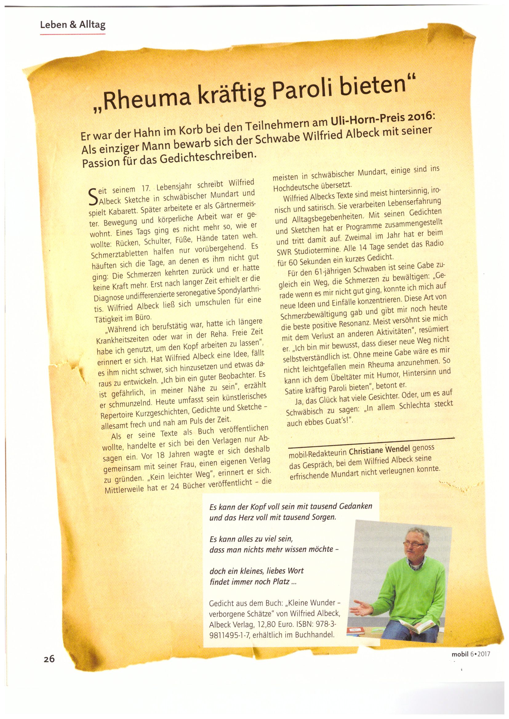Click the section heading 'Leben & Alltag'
click(x=73, y=25)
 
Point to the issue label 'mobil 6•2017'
click(x=471, y=654)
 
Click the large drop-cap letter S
click(x=93, y=197)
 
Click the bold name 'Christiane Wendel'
click(x=379, y=450)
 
